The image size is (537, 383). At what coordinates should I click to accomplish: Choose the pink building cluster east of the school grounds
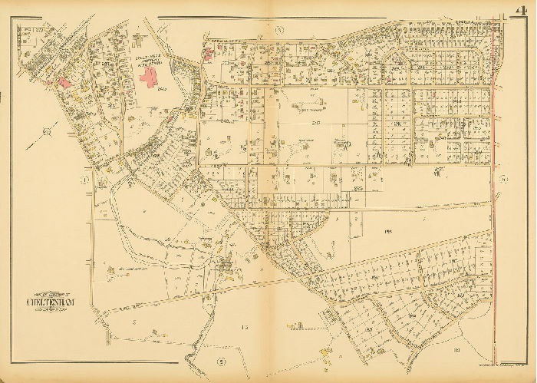212,52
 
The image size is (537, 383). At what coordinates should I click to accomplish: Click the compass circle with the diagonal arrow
47,133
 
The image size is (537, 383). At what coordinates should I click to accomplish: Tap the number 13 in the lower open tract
245,328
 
